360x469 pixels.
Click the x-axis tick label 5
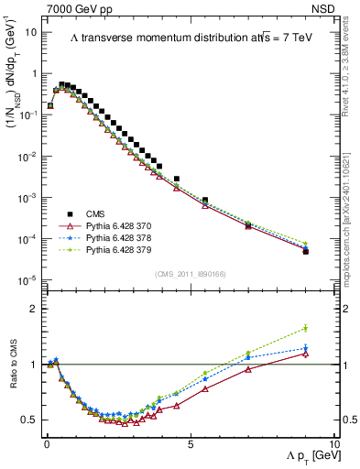[190, 443]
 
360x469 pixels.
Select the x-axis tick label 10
[333, 443]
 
